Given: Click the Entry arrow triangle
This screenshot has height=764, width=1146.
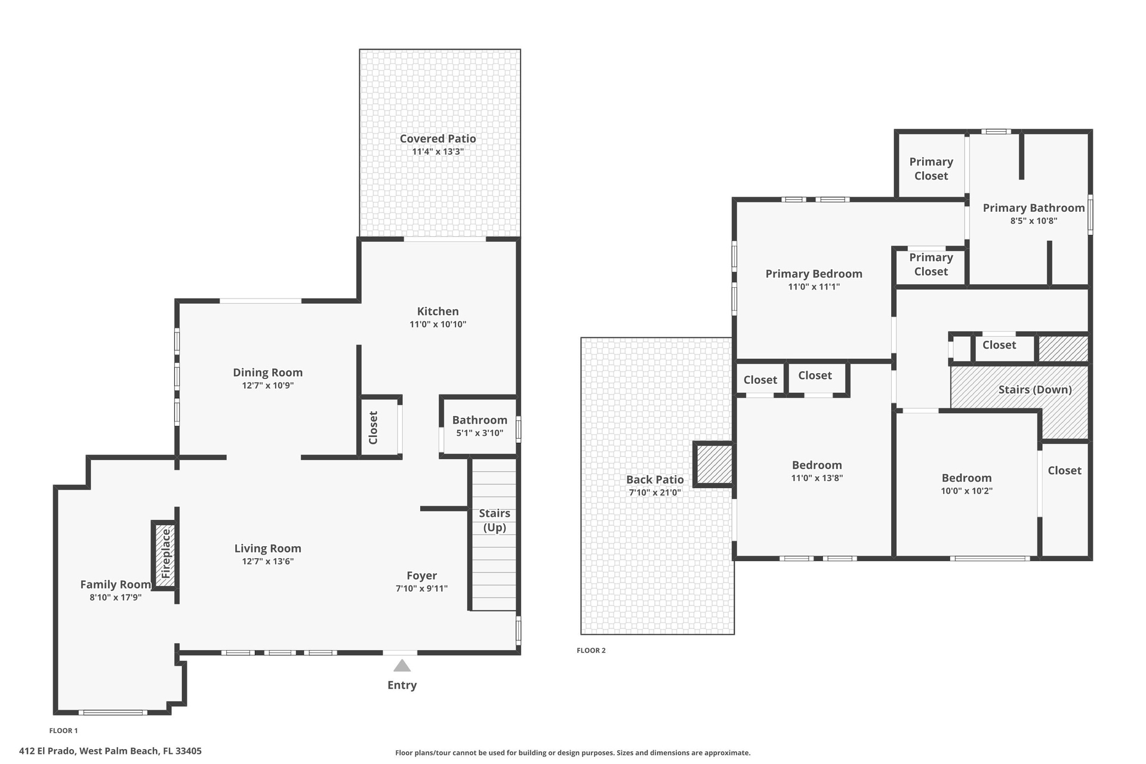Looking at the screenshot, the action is [x=402, y=666].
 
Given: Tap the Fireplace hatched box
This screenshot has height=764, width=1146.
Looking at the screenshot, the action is [x=165, y=555].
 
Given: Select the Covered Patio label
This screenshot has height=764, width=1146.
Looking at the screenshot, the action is [x=438, y=138].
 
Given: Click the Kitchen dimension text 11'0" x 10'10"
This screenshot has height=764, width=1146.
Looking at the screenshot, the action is [x=438, y=325].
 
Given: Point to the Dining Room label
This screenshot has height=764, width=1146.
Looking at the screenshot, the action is [x=267, y=372].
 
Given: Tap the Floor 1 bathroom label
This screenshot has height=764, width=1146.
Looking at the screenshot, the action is [x=479, y=420].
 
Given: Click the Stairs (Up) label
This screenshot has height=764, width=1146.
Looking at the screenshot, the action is [x=494, y=520].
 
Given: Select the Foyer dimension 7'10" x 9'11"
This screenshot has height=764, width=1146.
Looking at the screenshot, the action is [x=421, y=589].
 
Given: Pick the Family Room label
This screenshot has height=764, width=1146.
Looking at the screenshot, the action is [x=115, y=585].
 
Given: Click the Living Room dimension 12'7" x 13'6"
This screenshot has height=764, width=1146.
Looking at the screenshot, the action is [x=267, y=562].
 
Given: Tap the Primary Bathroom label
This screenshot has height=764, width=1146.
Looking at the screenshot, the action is [x=1033, y=208].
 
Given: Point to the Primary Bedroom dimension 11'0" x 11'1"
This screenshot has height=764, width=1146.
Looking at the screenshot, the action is [x=814, y=287].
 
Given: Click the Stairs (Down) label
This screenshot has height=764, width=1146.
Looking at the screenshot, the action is [x=1035, y=390].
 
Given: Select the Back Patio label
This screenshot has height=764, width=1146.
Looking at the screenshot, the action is [x=655, y=479].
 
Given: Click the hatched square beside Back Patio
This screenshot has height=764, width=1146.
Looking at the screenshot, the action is [x=714, y=464].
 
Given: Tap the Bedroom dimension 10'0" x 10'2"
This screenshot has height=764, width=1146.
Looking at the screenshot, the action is [x=966, y=491].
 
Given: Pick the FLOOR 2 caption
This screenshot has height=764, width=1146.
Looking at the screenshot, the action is [x=591, y=651].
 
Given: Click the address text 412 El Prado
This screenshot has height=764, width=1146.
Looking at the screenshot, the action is [x=47, y=751].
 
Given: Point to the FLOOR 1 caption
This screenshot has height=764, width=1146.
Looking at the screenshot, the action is [x=63, y=731].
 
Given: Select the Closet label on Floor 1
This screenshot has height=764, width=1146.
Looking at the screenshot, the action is [x=374, y=427].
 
